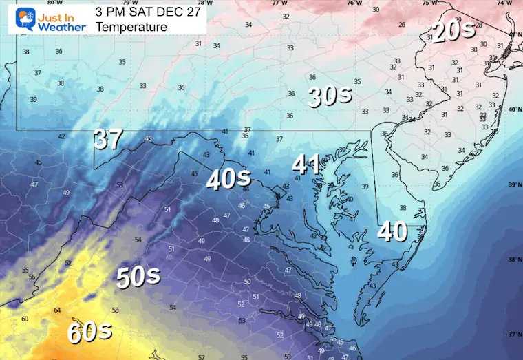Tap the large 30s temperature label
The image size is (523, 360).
[330, 96]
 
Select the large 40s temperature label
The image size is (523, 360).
[228, 178]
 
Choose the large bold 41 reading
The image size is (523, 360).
[306, 164]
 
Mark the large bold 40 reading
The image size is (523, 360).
[392, 232]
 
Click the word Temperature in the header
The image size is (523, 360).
[131, 27]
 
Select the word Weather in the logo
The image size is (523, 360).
[62, 27]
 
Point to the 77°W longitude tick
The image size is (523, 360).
[280, 3]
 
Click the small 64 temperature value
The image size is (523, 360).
[58, 310]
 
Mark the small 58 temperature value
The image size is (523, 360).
[116, 310]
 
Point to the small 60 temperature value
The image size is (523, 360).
[25, 319]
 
